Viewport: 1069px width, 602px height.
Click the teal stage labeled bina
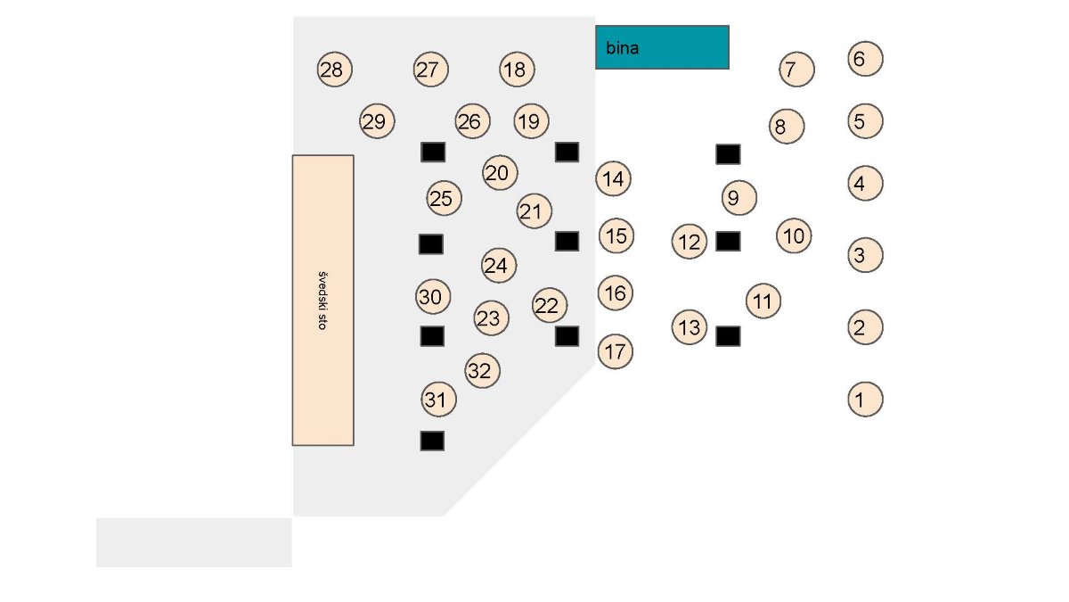coord(662,47)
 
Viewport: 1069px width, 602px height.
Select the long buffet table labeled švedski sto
coord(322,301)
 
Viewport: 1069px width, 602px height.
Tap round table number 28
coord(335,70)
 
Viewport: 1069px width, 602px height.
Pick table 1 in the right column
coord(865,399)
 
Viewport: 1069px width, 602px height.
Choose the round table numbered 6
coord(865,59)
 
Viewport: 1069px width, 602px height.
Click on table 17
coord(615,351)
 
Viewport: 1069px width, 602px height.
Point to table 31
coord(438,400)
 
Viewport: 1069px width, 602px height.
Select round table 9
coord(739,197)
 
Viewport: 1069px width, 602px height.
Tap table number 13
coord(689,327)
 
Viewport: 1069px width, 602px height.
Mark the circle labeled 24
coord(500,265)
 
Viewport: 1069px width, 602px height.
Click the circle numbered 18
coord(517,70)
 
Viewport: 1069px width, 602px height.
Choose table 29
coord(377,121)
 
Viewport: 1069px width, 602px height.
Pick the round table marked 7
coord(796,69)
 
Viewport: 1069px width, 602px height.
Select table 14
coord(613,179)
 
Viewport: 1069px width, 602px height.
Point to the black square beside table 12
coord(728,241)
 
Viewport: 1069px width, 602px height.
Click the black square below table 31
coord(432,441)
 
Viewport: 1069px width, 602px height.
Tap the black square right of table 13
coord(728,336)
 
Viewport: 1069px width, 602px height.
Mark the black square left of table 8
coord(728,154)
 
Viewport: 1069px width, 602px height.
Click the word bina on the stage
coord(622,48)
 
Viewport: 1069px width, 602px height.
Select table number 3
coord(865,255)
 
